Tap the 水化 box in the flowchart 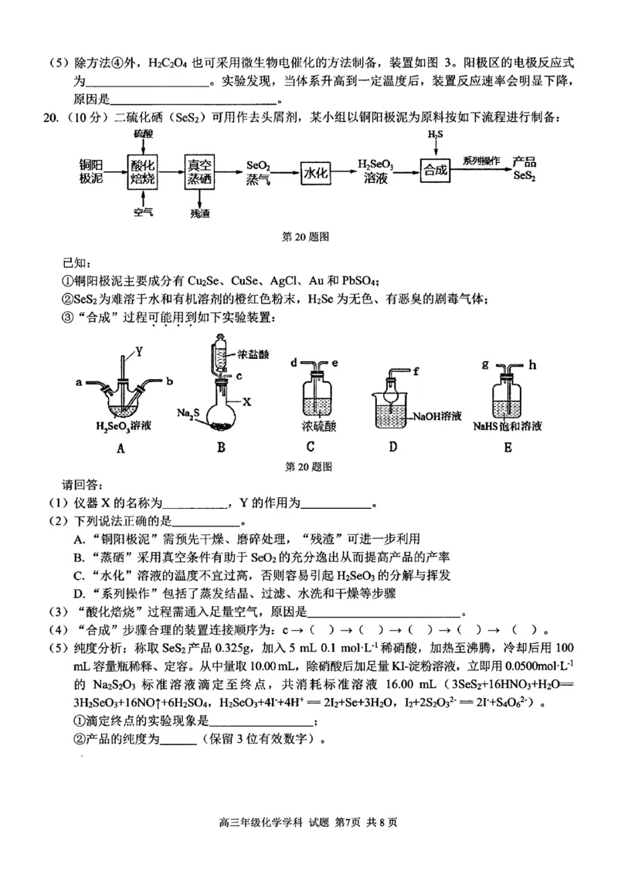(316, 173)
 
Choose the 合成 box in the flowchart (435, 170)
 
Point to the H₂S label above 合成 (435, 136)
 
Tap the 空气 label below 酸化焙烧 (143, 211)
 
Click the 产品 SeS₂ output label (525, 169)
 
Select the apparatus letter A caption (120, 445)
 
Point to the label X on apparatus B (246, 402)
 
